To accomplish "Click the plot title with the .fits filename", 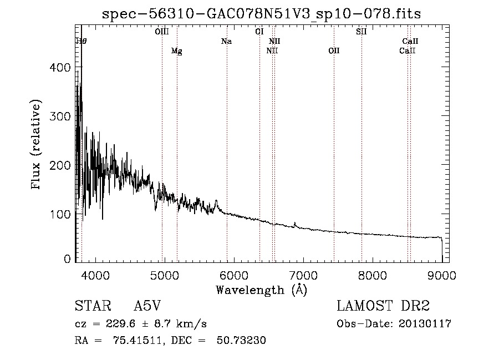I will pos(262,14).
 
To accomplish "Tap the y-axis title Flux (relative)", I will pos(37,145).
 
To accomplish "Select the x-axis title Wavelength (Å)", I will pos(261,290).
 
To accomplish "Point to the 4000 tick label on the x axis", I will pos(95,275).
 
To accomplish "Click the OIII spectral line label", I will pos(162,32).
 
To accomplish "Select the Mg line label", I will pos(176,51).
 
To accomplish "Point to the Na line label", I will pos(226,41).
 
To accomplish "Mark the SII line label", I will pos(361,32).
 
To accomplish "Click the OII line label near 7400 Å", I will pos(334,51).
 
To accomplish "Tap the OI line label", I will pos(259,32).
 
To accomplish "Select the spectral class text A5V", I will pos(147,306).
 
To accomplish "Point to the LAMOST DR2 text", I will pos(383,306).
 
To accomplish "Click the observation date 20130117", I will pos(425,324).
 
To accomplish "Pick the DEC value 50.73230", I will pos(244,341).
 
